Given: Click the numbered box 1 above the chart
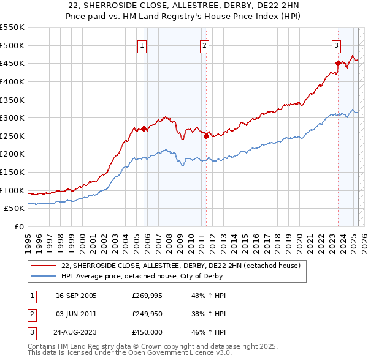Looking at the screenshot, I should tap(142, 45).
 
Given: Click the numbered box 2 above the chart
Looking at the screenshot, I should tap(204, 45).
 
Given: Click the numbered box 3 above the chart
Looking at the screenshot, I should tap(337, 45).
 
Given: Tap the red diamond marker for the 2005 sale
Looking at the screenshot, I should tap(144, 128).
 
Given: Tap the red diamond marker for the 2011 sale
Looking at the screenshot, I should tap(206, 136).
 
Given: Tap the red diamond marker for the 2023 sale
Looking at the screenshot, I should tap(338, 63).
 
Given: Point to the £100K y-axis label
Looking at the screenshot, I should tap(13, 190).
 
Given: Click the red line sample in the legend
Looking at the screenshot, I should tap(44, 266).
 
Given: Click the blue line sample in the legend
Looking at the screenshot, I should tap(44, 276).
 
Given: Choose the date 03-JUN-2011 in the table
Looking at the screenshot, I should tap(76, 314).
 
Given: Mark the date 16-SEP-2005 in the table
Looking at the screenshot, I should tap(76, 296).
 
